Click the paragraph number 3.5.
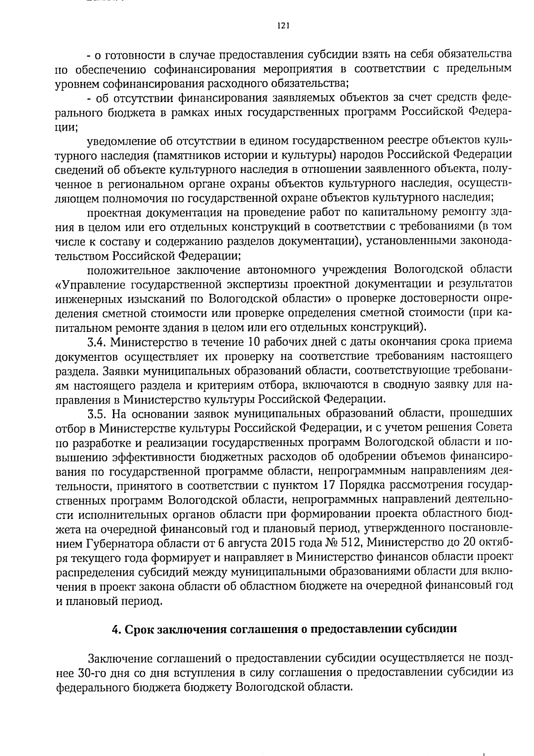[97, 414]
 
